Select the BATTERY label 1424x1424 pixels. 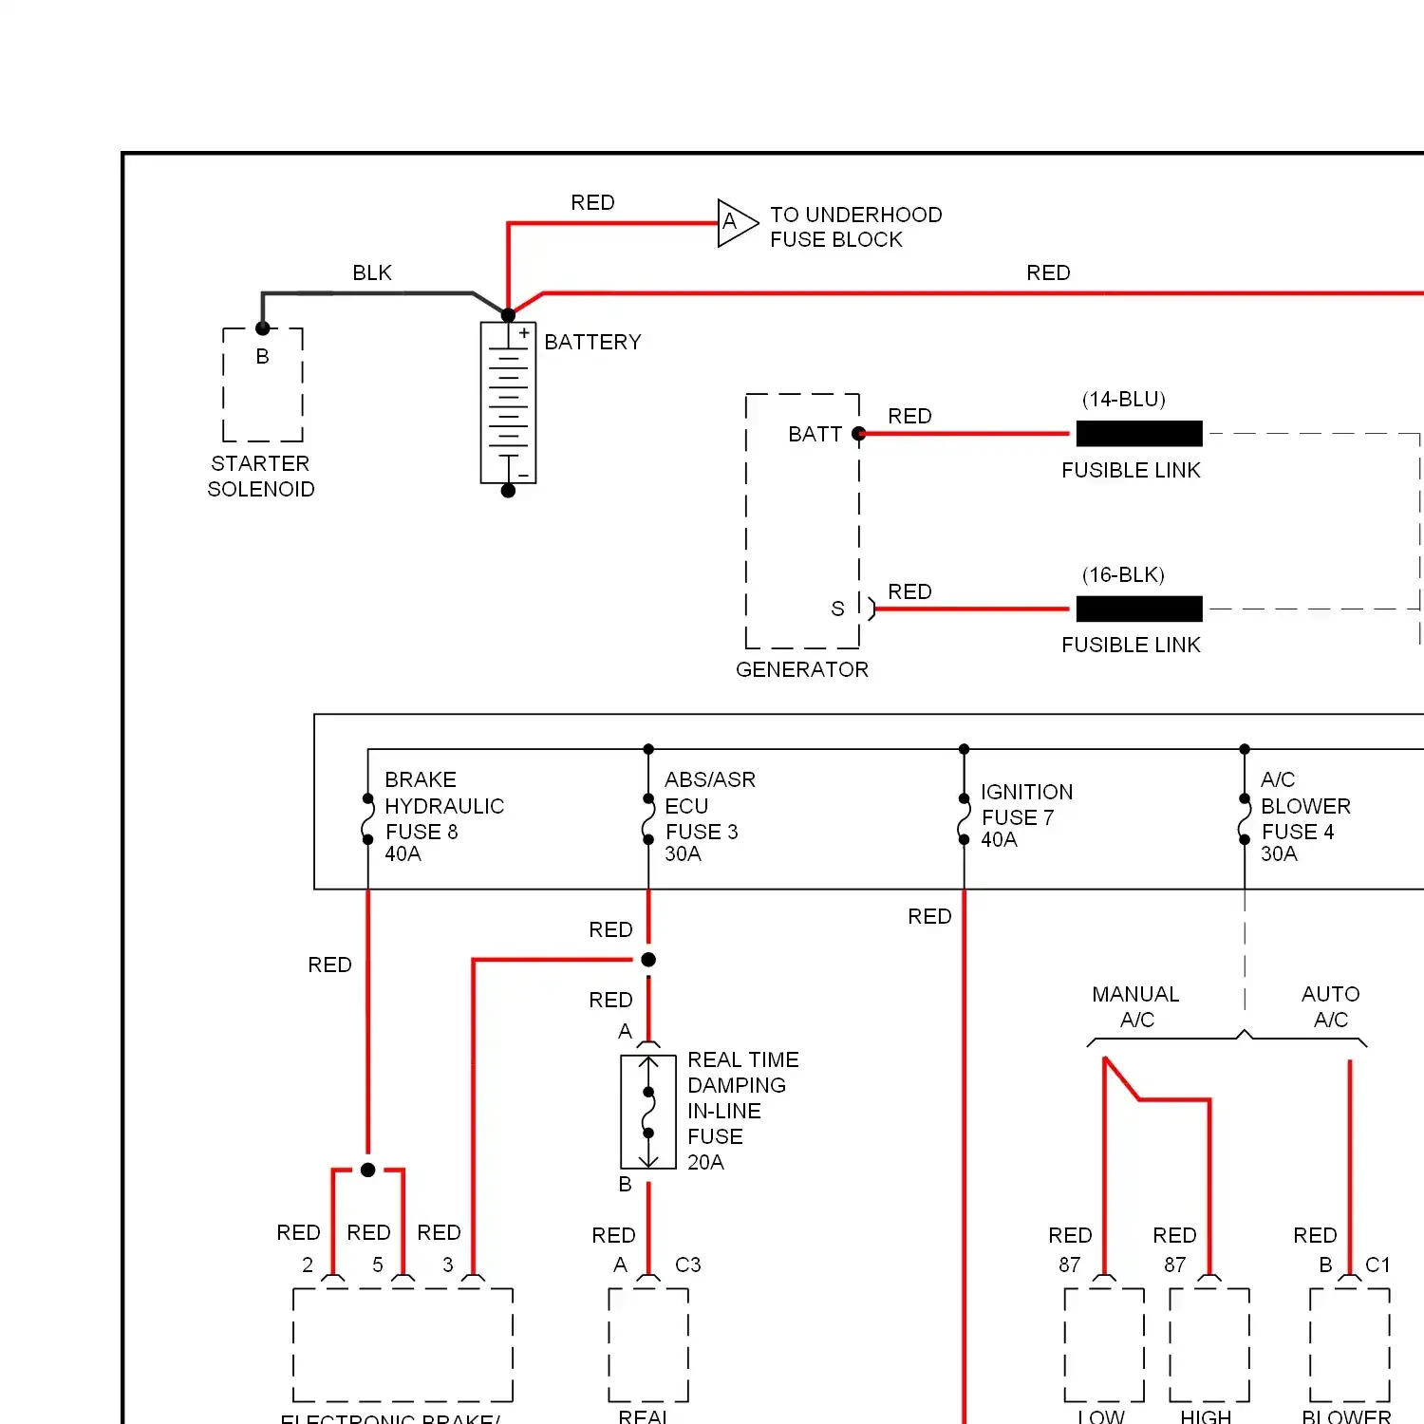(x=592, y=342)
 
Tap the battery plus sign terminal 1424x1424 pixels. (x=523, y=333)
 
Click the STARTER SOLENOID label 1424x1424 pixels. (x=261, y=477)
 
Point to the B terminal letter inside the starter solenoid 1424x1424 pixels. (x=263, y=357)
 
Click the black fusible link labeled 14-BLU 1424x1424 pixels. (x=1139, y=434)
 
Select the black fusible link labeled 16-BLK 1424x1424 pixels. (x=1139, y=609)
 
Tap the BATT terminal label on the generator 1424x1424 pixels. (x=815, y=435)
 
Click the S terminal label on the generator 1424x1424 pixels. (x=837, y=609)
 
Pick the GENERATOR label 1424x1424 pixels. (x=802, y=670)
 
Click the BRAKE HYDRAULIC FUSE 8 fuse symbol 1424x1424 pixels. (x=367, y=819)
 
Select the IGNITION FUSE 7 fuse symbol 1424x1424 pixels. (x=964, y=819)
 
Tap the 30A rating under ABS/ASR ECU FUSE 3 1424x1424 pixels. (x=683, y=854)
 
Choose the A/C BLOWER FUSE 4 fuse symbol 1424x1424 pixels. (x=1245, y=819)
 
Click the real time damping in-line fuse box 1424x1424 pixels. (x=648, y=1112)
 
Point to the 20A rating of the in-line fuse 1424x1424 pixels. (x=705, y=1163)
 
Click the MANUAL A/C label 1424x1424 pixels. (x=1136, y=1007)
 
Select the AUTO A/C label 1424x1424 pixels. (x=1330, y=1007)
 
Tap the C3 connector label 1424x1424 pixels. (x=688, y=1265)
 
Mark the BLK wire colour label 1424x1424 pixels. (x=372, y=273)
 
